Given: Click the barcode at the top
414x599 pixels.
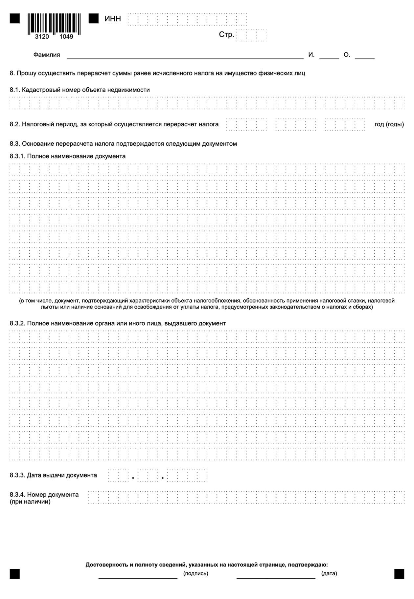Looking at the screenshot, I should click(x=54, y=23).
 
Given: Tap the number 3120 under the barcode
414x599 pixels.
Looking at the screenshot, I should click(x=42, y=37).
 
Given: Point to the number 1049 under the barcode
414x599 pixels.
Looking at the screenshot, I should click(x=66, y=37).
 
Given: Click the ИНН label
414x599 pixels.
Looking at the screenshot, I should click(x=113, y=19).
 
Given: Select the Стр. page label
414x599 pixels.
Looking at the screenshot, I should click(x=226, y=35).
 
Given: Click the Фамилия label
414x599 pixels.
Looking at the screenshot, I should click(x=47, y=55).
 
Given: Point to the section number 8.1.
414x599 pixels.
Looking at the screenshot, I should click(x=15, y=90).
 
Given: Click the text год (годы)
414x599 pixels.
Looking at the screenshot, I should click(x=389, y=124).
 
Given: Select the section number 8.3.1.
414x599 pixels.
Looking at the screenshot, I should click(x=17, y=156).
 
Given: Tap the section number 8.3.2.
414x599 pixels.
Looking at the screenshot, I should click(x=17, y=323).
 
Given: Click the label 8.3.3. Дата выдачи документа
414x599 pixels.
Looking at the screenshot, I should click(x=53, y=475).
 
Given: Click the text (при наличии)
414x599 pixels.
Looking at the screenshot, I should click(x=30, y=502).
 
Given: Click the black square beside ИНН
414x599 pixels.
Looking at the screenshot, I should click(x=94, y=19).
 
